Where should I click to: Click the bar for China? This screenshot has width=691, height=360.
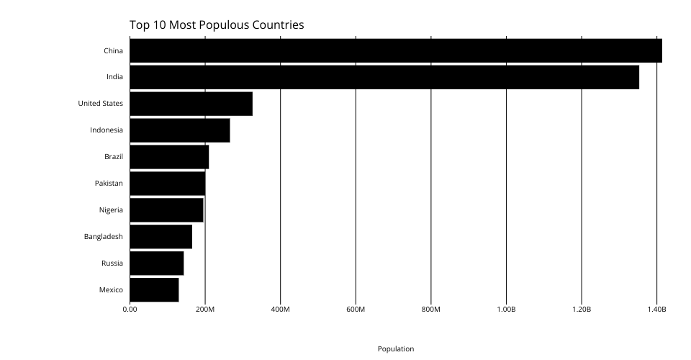click(x=395, y=51)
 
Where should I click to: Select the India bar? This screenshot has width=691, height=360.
click(x=384, y=77)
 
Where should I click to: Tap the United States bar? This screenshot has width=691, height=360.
click(x=191, y=104)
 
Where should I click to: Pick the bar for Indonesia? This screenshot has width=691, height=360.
click(x=179, y=130)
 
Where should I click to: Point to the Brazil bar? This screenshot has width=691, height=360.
click(x=169, y=157)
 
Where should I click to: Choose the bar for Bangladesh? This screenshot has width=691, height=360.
click(x=161, y=237)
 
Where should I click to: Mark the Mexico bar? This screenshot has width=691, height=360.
click(x=154, y=289)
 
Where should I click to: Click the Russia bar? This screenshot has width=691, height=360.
click(x=156, y=263)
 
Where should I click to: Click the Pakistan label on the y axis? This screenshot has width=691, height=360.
click(x=109, y=184)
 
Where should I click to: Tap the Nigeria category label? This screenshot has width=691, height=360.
click(x=111, y=210)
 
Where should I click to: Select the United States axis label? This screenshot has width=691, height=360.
click(x=100, y=104)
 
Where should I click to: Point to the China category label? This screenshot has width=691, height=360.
click(x=113, y=51)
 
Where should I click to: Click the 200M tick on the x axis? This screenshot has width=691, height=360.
click(x=205, y=310)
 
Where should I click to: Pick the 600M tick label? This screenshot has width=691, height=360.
click(x=356, y=310)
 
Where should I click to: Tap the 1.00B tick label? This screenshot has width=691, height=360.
click(x=506, y=310)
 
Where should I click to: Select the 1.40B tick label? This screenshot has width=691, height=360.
click(x=656, y=310)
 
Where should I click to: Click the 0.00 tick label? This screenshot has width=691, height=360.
click(x=130, y=310)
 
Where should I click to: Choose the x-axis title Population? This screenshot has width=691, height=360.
click(x=396, y=348)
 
